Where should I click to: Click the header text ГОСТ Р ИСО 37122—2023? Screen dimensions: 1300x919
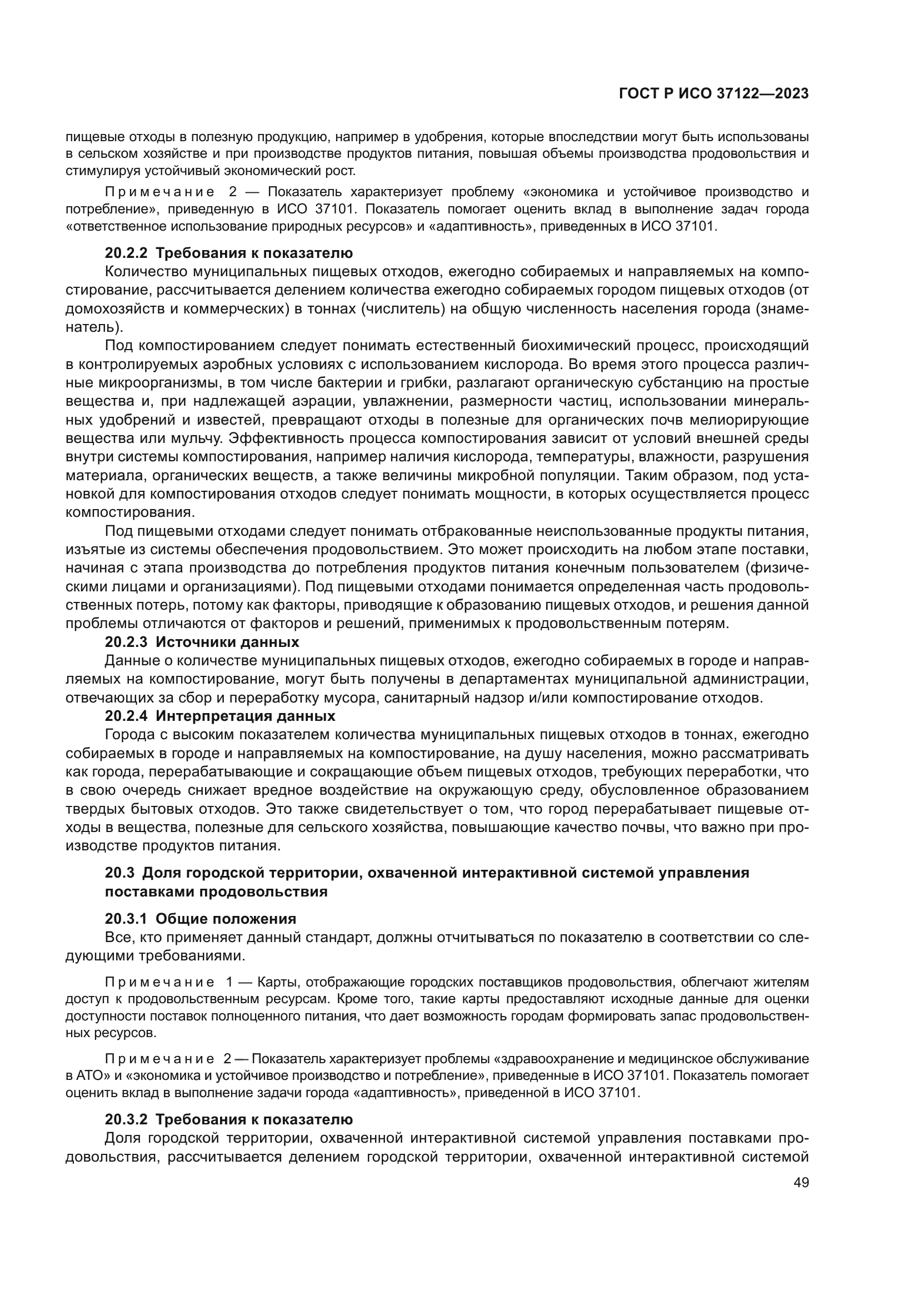(x=714, y=94)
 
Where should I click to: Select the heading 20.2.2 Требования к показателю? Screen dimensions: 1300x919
(x=228, y=253)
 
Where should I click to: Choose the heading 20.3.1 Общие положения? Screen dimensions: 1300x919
(x=201, y=918)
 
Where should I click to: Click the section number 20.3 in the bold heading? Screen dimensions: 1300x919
(x=119, y=873)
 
